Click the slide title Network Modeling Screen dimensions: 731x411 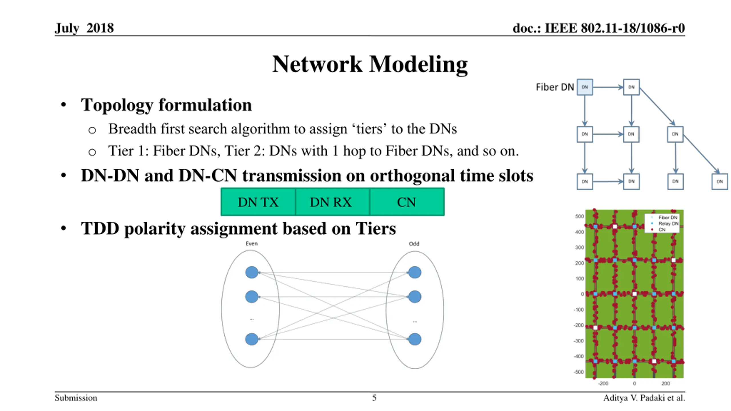(370, 64)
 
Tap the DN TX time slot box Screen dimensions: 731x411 (258, 202)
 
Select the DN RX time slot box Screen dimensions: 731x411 (331, 202)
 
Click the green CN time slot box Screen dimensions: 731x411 (406, 202)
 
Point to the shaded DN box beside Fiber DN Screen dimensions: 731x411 (585, 87)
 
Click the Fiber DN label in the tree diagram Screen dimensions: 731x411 (555, 87)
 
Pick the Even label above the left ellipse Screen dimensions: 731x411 (252, 243)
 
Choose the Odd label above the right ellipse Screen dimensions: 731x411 (414, 244)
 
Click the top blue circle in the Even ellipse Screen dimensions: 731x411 (252, 272)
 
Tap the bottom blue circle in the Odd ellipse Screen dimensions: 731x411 (415, 339)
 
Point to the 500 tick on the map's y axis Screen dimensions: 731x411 (579, 216)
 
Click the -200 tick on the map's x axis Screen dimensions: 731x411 (603, 383)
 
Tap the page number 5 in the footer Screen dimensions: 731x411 (374, 398)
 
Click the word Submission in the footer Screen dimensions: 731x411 (76, 398)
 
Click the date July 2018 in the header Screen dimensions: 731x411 (84, 28)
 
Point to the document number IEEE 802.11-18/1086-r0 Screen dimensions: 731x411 (614, 28)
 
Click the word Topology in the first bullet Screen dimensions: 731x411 (117, 105)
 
